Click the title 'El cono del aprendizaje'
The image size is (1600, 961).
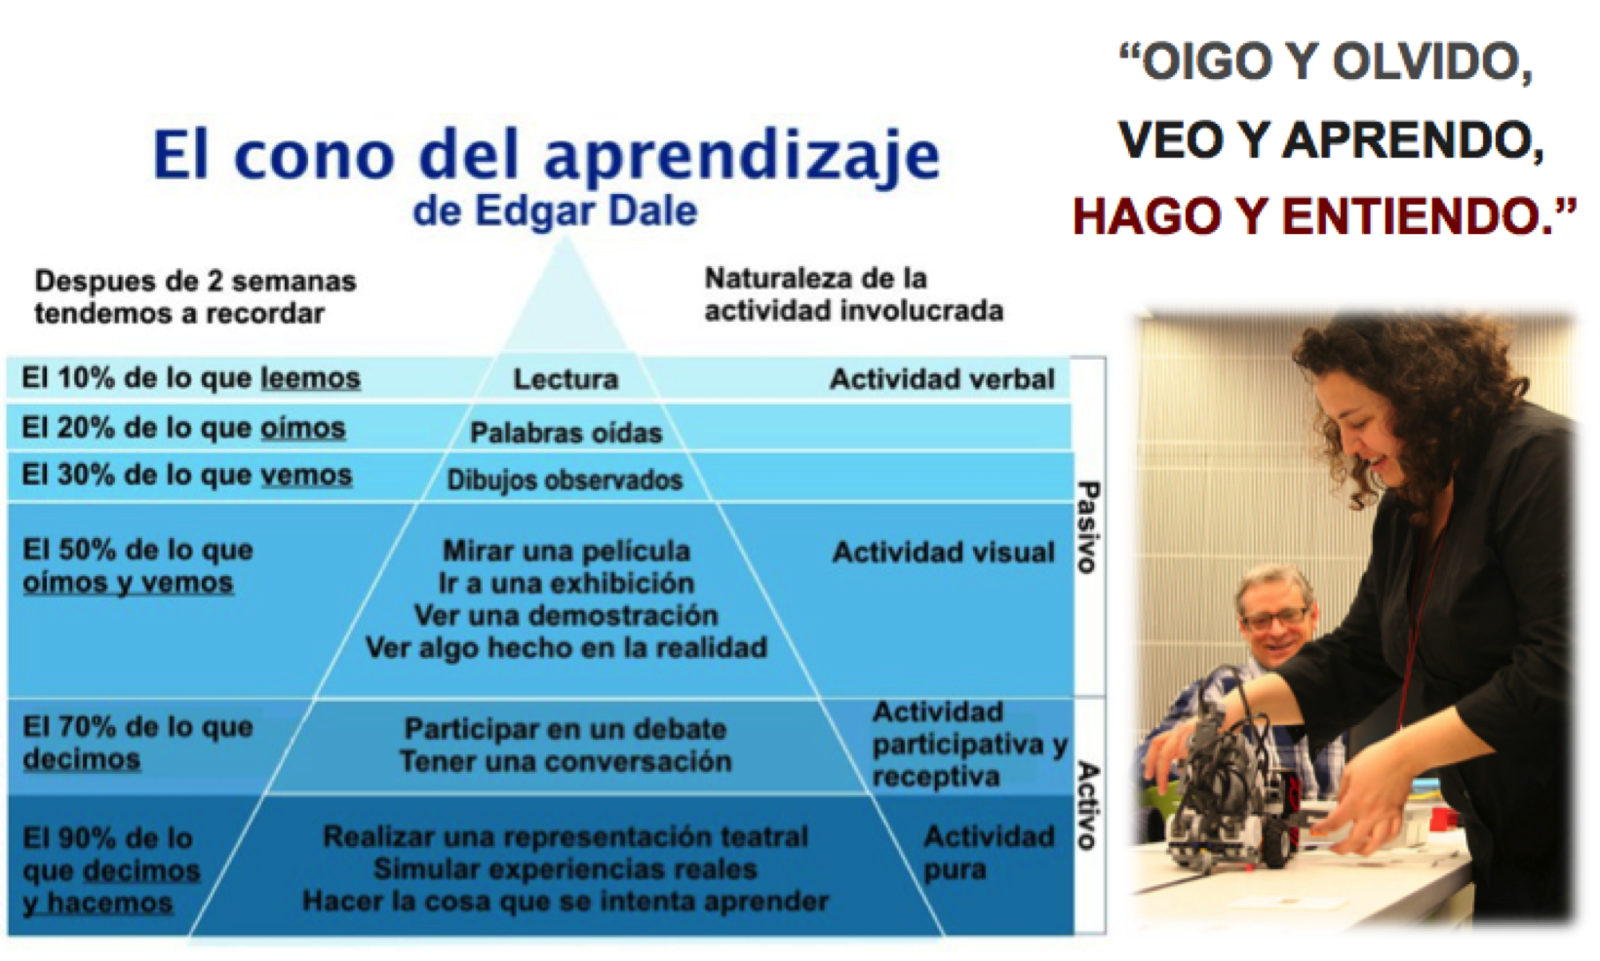546,156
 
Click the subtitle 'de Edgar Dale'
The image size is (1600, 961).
555,211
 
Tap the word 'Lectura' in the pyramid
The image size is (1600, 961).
566,379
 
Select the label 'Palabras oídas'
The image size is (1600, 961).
566,433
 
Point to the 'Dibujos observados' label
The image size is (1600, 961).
565,480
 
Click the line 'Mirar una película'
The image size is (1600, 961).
566,552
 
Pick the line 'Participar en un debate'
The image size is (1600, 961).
566,729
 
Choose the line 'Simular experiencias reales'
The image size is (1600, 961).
565,869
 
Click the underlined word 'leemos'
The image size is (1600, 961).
310,378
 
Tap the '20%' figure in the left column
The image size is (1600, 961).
85,427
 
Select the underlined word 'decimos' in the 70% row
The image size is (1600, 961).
82,759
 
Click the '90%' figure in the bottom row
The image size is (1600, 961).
86,837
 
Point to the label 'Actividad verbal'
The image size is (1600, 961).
942,379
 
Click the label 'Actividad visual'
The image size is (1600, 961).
944,552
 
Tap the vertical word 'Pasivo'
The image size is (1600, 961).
1088,527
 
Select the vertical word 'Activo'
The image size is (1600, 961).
1088,805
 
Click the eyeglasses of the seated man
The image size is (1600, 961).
1277,616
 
